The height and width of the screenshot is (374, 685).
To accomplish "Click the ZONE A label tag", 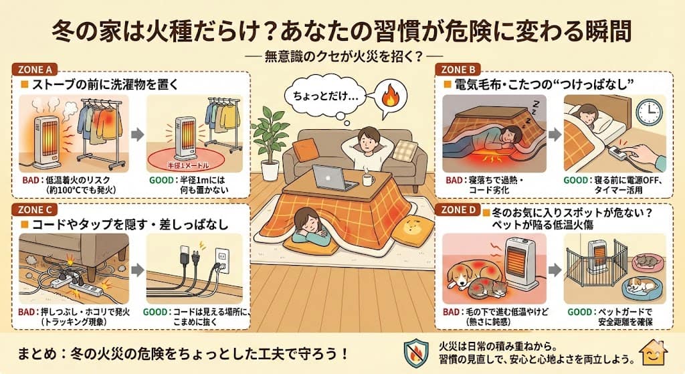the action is coord(35,70).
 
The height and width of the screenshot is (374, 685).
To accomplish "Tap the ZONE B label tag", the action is coord(458,70).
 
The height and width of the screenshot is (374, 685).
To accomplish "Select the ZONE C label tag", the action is coord(35,209).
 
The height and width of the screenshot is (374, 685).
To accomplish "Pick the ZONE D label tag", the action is coord(458,209).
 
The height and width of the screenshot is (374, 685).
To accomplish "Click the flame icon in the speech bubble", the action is coord(389,98).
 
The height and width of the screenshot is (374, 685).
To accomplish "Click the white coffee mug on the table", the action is coord(369,179).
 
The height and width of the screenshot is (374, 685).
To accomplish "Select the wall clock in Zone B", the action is coord(649,112).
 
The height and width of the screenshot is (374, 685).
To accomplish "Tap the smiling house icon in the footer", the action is coord(653,353).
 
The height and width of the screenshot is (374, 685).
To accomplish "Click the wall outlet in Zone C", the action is coord(223,261).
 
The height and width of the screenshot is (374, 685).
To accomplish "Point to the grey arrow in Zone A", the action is coord(138,134).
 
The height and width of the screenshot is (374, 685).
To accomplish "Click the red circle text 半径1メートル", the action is coord(188,165).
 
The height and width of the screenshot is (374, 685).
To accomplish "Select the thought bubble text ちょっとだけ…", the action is coord(326,96).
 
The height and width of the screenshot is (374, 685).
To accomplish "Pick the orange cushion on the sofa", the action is coord(306,150).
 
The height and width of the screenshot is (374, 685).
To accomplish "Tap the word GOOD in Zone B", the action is coord(575,181).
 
